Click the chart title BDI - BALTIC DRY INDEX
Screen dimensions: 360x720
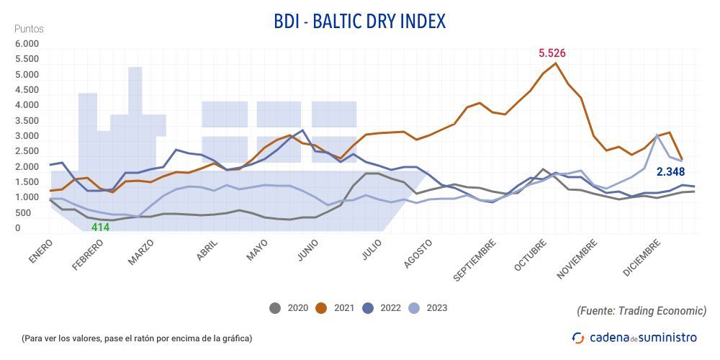click(360, 22)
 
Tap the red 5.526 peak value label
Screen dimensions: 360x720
click(553, 53)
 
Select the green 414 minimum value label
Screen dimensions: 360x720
click(100, 228)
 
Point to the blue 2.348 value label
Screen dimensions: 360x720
click(670, 172)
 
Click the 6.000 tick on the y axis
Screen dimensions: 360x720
click(28, 44)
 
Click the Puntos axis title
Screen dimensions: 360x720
click(30, 29)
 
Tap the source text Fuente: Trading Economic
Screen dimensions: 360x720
click(642, 310)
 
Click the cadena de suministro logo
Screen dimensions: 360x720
click(634, 337)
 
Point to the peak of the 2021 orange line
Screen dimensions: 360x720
click(556, 63)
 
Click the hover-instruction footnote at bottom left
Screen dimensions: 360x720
click(137, 338)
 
